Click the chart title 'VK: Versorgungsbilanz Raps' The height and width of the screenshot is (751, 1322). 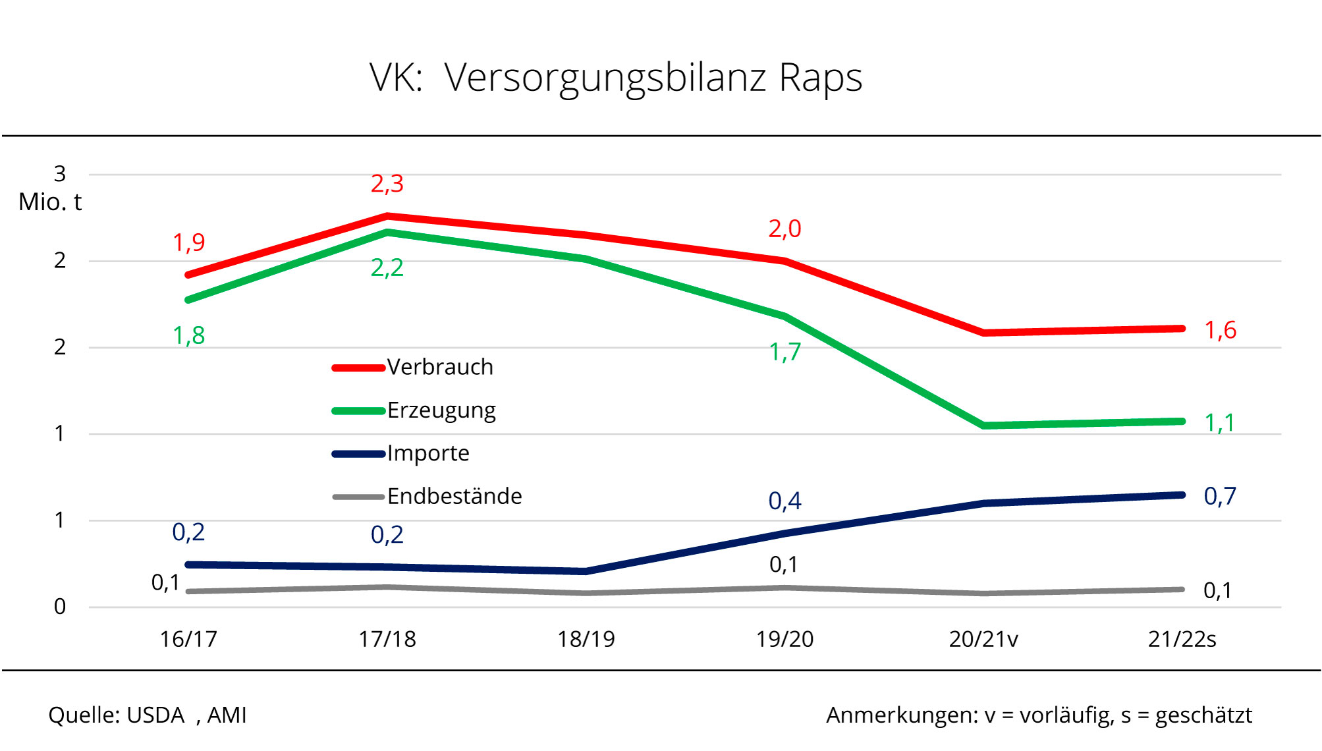(615, 78)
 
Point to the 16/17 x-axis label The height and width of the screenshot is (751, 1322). (188, 639)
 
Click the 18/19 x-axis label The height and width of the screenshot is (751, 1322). (586, 639)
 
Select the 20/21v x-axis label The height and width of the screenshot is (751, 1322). (983, 639)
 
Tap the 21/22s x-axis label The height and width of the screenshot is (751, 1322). (1182, 639)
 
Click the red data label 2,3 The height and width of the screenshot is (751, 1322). (387, 184)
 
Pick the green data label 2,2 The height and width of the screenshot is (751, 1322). (387, 268)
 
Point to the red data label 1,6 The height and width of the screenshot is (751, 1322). (1220, 330)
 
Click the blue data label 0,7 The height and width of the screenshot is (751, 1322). (1220, 496)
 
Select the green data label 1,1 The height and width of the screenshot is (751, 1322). (1219, 423)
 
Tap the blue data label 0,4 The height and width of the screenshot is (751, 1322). (785, 501)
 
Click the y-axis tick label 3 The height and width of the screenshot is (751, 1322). (60, 174)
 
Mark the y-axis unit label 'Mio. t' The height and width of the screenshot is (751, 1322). (50, 202)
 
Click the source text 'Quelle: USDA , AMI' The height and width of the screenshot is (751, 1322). (148, 715)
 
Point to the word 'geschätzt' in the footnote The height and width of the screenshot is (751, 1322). (1203, 715)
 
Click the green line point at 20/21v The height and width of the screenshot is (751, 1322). (983, 426)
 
